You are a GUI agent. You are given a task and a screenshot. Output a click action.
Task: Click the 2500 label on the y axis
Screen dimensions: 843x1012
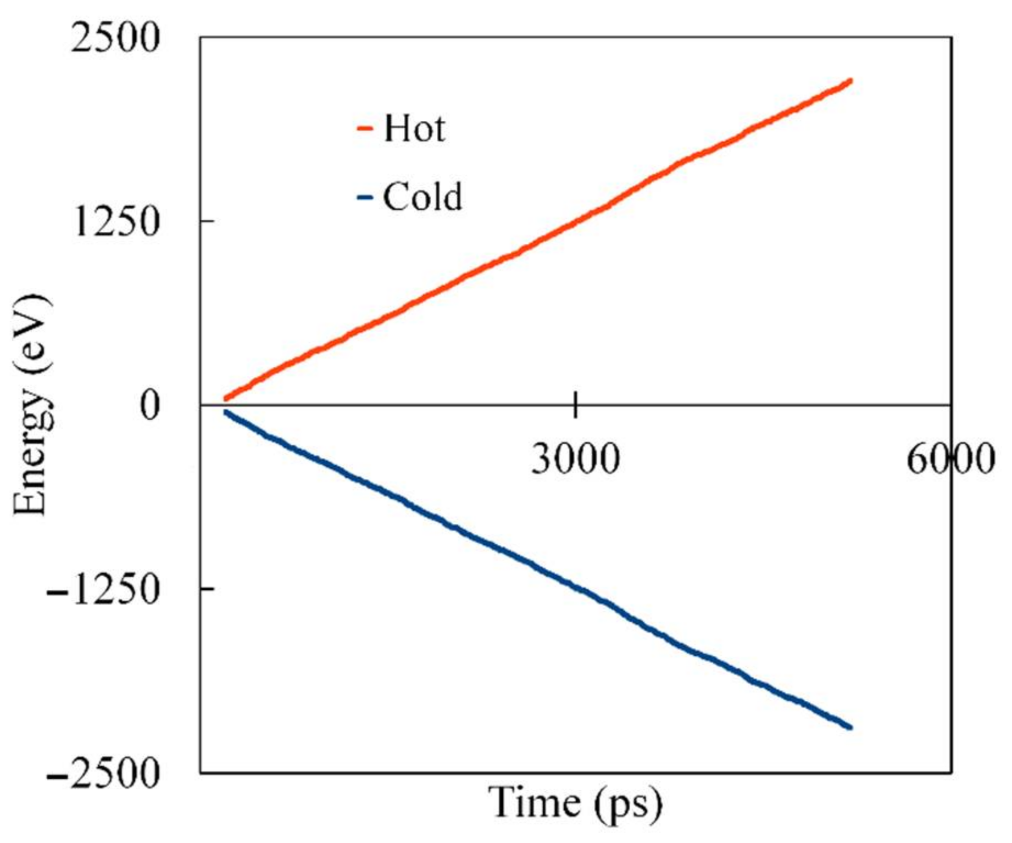115,39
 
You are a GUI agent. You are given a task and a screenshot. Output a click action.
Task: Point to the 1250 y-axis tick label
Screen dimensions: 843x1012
115,222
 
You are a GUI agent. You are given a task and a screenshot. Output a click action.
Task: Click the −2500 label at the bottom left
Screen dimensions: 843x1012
103,774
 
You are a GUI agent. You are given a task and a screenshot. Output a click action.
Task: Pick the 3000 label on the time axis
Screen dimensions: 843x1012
575,459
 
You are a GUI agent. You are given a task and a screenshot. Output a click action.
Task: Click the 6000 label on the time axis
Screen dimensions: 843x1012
950,459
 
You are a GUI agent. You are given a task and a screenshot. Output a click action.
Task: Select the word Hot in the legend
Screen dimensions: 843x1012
414,129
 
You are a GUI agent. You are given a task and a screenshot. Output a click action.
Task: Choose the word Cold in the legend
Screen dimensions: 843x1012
422,197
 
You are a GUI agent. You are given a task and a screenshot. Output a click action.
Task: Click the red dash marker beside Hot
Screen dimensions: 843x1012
365,130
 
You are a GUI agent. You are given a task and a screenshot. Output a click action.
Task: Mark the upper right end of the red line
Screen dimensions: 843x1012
850,81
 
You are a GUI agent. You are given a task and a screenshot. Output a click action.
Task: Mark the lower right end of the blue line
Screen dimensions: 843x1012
850,727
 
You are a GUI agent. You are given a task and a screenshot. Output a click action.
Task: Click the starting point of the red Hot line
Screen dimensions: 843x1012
226,398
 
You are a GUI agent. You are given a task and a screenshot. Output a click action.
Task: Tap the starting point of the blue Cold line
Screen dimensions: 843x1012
226,412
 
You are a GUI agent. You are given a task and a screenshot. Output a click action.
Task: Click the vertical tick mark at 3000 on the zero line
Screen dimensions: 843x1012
575,405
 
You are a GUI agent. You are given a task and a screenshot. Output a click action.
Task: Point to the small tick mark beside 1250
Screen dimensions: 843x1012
207,221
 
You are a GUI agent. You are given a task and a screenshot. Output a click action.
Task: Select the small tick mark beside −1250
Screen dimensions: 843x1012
207,588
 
